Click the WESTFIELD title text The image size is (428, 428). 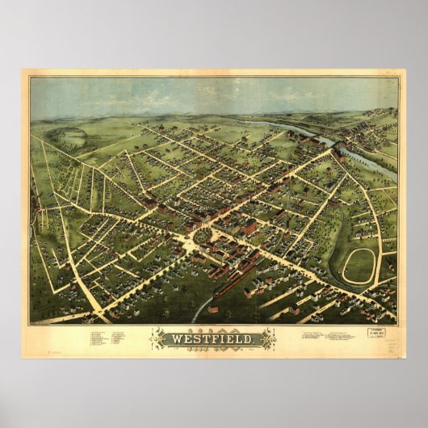click(x=214, y=339)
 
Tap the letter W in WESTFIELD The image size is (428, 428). click(x=174, y=339)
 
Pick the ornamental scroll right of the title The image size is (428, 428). click(x=270, y=339)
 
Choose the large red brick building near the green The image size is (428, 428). click(x=250, y=229)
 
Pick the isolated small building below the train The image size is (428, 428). click(x=213, y=308)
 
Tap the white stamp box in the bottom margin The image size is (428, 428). click(x=375, y=332)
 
